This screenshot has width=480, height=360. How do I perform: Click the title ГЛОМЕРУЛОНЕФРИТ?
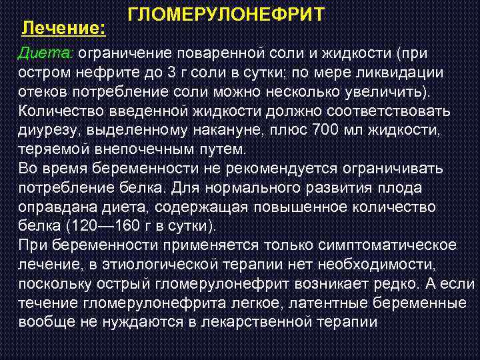(226, 15)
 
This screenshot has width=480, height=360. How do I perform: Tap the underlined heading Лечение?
(63, 29)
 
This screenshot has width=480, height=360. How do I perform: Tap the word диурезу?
(47, 129)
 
